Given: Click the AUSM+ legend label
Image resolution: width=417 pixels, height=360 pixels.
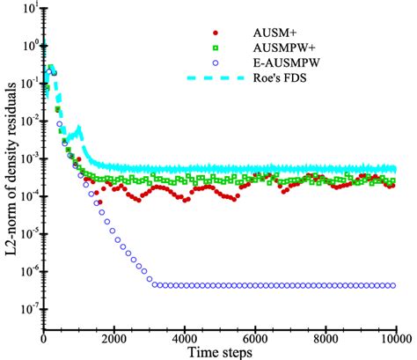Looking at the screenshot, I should click(x=269, y=38).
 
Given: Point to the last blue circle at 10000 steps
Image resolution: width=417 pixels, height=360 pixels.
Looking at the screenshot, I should click(x=393, y=285).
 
